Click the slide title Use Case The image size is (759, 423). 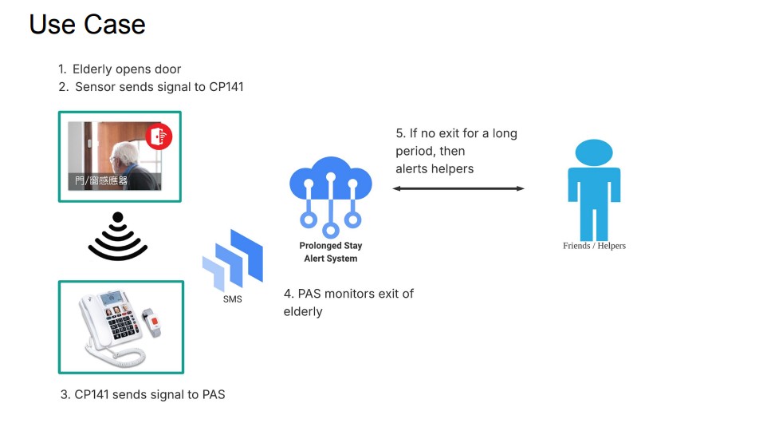pyautogui.click(x=88, y=24)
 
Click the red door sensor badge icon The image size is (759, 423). pyautogui.click(x=159, y=136)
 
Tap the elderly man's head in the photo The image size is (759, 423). pyautogui.click(x=119, y=156)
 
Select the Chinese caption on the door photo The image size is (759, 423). pyautogui.click(x=100, y=180)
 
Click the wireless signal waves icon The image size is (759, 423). pyautogui.click(x=118, y=237)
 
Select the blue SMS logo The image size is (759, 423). pyautogui.click(x=233, y=259)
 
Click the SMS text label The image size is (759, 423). pyautogui.click(x=233, y=299)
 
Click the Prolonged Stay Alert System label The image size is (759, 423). pyautogui.click(x=330, y=252)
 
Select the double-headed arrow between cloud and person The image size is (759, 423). pyautogui.click(x=458, y=188)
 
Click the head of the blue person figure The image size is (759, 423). pyautogui.click(x=594, y=152)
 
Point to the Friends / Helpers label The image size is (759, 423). pyautogui.click(x=594, y=246)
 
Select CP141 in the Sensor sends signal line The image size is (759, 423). pyautogui.click(x=226, y=87)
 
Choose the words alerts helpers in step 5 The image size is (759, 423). pyautogui.click(x=435, y=168)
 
